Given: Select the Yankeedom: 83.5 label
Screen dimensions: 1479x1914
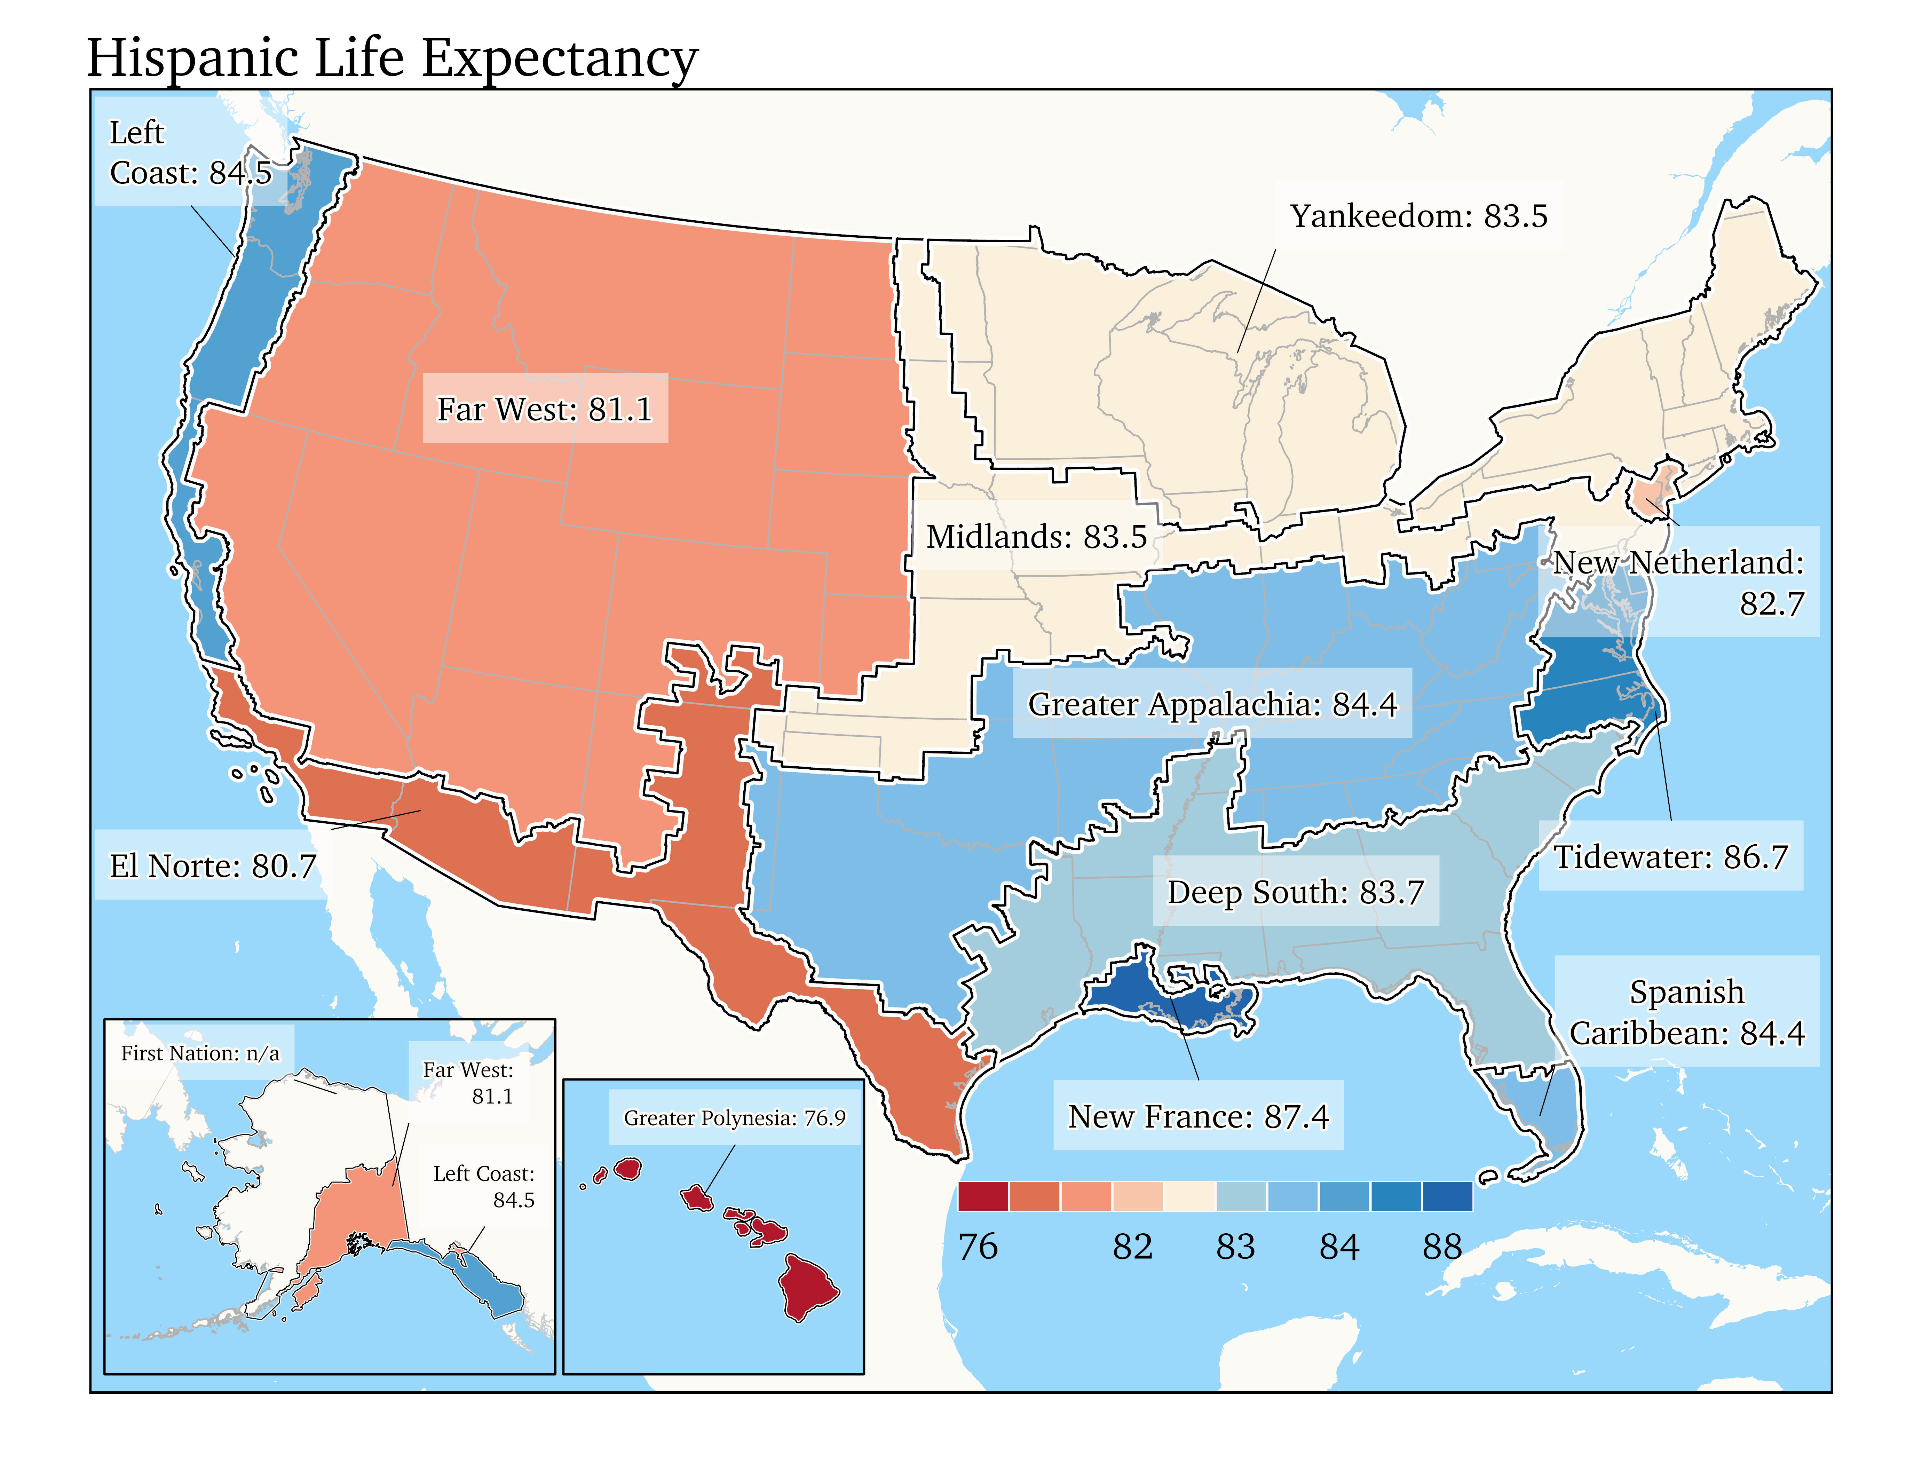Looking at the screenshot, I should pos(1418,215).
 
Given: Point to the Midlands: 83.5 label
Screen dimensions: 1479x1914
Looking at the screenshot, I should pos(1036,536).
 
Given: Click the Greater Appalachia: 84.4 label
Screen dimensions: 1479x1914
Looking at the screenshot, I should pos(1212,704).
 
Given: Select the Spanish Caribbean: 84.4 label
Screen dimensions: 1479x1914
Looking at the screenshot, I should pos(1686,1012).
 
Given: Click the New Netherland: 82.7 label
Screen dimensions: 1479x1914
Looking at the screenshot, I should pos(1678,582).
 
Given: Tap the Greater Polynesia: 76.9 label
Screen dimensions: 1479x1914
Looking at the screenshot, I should pos(734,1118).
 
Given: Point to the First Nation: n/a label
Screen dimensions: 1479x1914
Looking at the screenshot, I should pos(200,1053).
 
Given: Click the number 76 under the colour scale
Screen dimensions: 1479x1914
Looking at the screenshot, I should pos(978,1246).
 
